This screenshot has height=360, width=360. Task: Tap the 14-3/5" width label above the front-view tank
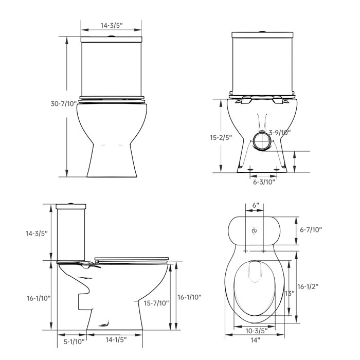112,24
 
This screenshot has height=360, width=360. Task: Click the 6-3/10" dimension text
264,181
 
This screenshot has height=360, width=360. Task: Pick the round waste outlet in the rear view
261,140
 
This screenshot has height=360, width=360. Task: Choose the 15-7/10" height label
157,303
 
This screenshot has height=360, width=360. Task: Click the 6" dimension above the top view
256,205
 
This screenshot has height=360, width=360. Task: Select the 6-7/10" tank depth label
311,230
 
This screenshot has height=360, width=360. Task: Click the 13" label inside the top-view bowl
289,293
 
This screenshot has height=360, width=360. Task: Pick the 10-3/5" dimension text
256,330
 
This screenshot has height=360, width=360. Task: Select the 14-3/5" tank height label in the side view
37,233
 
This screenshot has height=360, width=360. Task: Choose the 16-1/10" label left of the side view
38,298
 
